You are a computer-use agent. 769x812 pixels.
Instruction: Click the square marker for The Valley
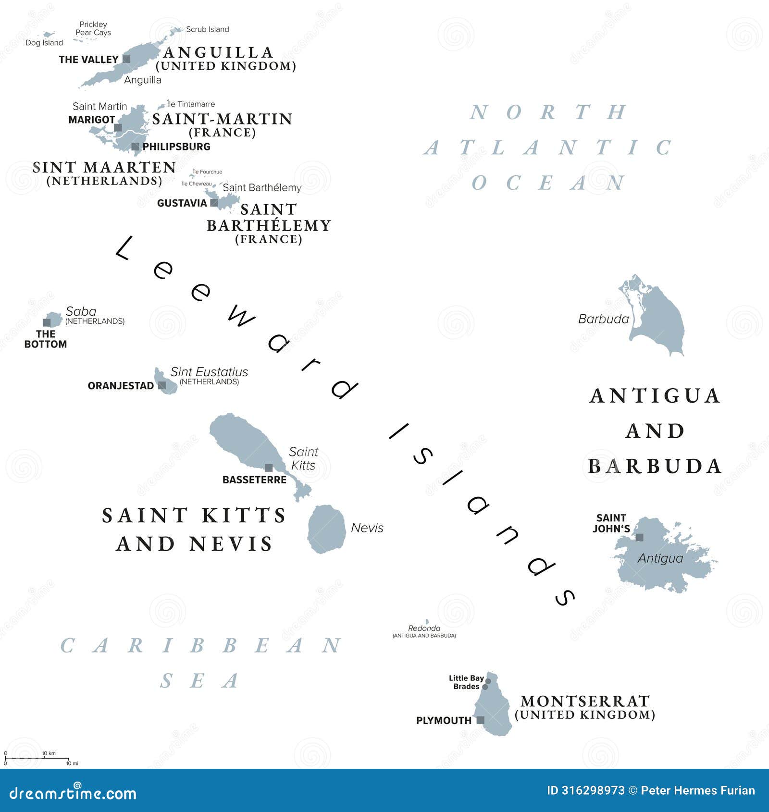point(126,59)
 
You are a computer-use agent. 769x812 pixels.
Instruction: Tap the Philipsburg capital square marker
point(136,147)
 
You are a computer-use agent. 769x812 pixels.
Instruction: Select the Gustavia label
point(182,203)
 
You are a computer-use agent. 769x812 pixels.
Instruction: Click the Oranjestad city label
point(121,386)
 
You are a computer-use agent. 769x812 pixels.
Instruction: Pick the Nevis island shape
point(326,529)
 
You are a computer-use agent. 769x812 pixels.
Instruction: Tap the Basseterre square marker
point(269,468)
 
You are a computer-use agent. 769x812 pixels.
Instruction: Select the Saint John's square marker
point(639,538)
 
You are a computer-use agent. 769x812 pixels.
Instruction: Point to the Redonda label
point(424,628)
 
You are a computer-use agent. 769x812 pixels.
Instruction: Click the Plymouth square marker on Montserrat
point(480,720)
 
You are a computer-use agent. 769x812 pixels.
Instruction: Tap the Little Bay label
point(466,678)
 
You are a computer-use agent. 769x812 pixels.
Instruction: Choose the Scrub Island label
point(207,29)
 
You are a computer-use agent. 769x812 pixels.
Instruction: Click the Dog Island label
point(44,43)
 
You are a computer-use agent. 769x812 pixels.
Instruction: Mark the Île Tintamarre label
point(191,104)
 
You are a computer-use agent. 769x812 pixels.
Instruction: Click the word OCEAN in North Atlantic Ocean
point(548,183)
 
